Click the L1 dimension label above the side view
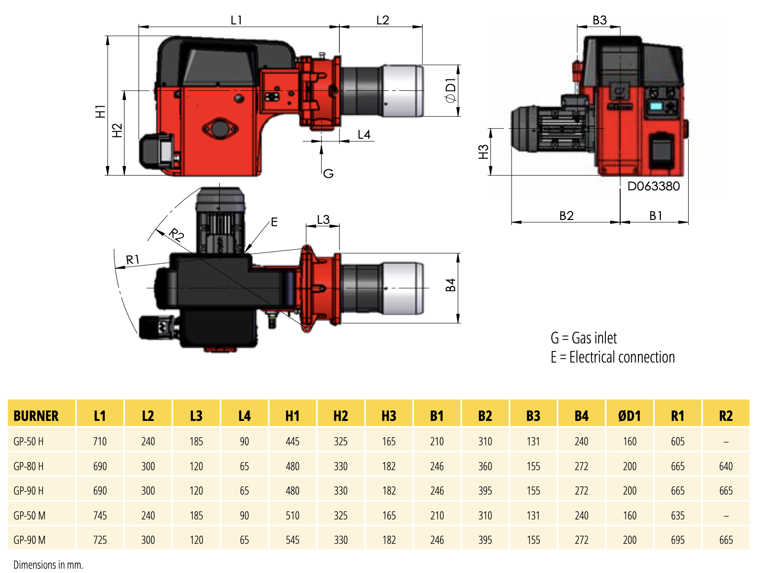click(236, 20)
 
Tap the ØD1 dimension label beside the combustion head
click(451, 91)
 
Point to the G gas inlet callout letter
click(328, 174)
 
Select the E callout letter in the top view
click(274, 222)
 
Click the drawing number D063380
click(653, 186)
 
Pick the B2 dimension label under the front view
click(566, 216)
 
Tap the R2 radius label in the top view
click(177, 235)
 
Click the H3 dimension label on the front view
click(484, 152)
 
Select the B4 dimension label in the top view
click(450, 285)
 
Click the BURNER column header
click(36, 416)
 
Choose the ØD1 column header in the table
click(629, 416)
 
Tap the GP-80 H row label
click(29, 466)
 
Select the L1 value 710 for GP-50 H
click(100, 441)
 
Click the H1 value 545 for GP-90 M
click(292, 540)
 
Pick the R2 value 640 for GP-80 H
click(725, 466)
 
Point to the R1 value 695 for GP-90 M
click(678, 540)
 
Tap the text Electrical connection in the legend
click(622, 357)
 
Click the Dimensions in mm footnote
click(48, 565)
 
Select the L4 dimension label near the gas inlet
click(364, 135)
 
